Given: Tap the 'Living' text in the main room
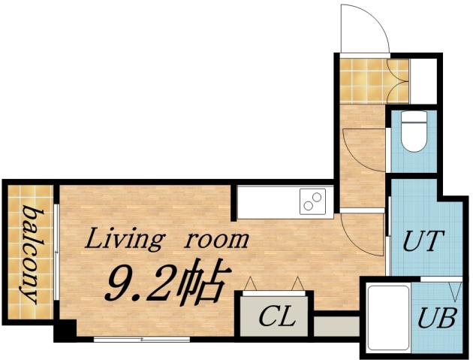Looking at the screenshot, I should [122, 240].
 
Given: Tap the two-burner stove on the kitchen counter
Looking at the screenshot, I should [312, 201].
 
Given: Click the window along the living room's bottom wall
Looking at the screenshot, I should [131, 340].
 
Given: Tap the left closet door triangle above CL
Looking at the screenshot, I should [251, 284].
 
